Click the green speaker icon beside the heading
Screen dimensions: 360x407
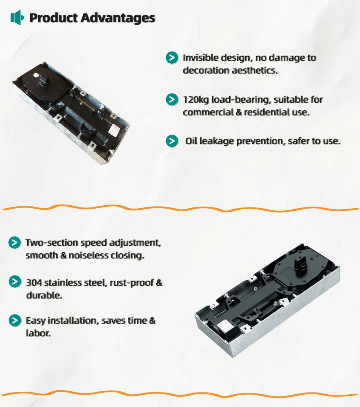(17, 17)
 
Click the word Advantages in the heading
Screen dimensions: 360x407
(118, 18)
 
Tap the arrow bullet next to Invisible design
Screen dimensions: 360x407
(172, 58)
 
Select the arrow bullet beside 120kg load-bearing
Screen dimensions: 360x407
(172, 99)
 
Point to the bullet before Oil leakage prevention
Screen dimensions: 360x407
(172, 141)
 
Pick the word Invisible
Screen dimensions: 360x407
(199, 58)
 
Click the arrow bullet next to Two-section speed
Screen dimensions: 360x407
(15, 243)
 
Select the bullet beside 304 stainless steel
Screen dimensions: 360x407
(15, 282)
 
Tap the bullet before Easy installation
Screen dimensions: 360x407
(15, 321)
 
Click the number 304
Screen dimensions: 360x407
(34, 282)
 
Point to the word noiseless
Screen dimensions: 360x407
(86, 256)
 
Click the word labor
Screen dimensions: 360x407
(38, 333)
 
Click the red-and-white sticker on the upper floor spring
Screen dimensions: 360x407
(115, 130)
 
